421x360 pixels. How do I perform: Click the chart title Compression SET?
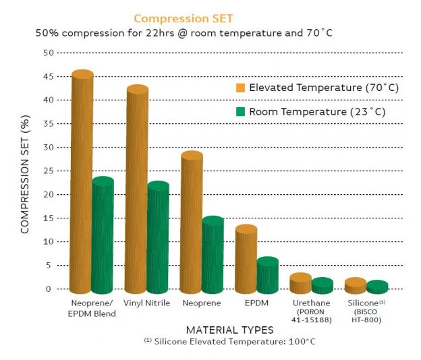tap(184, 18)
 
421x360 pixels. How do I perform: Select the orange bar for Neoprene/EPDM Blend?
tap(82, 182)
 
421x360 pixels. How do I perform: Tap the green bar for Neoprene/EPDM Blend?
tap(103, 236)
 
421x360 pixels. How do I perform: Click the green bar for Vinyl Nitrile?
tap(158, 238)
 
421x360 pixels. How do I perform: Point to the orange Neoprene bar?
tap(192, 222)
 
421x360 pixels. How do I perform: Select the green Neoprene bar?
tap(213, 256)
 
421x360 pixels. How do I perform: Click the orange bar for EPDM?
tap(246, 260)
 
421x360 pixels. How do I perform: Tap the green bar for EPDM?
tap(267, 275)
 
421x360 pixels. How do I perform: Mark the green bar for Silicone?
tap(376, 287)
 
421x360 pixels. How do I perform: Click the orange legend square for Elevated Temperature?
tap(240, 88)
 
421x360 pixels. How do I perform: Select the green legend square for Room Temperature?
tap(240, 112)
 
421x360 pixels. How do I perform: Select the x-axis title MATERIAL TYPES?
tap(229, 330)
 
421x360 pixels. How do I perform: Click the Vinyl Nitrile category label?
tap(146, 303)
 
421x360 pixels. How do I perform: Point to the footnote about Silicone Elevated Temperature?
tap(229, 342)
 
